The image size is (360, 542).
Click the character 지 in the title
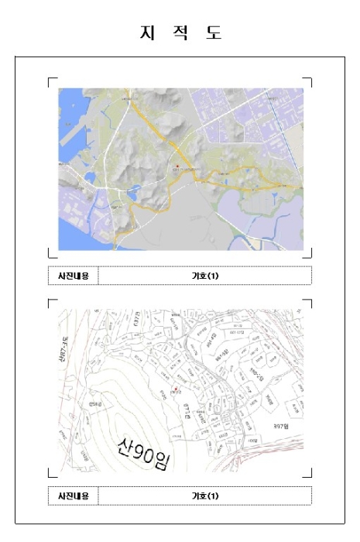(x=144, y=33)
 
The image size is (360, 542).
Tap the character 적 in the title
(x=180, y=33)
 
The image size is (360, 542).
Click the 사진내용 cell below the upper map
(x=74, y=276)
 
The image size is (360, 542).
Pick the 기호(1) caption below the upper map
(x=205, y=276)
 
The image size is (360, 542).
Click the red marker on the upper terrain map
(x=177, y=166)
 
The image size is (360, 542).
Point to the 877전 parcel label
(x=187, y=410)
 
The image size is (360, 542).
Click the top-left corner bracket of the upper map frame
(x=51, y=80)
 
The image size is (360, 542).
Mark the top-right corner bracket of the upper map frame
(x=309, y=80)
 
